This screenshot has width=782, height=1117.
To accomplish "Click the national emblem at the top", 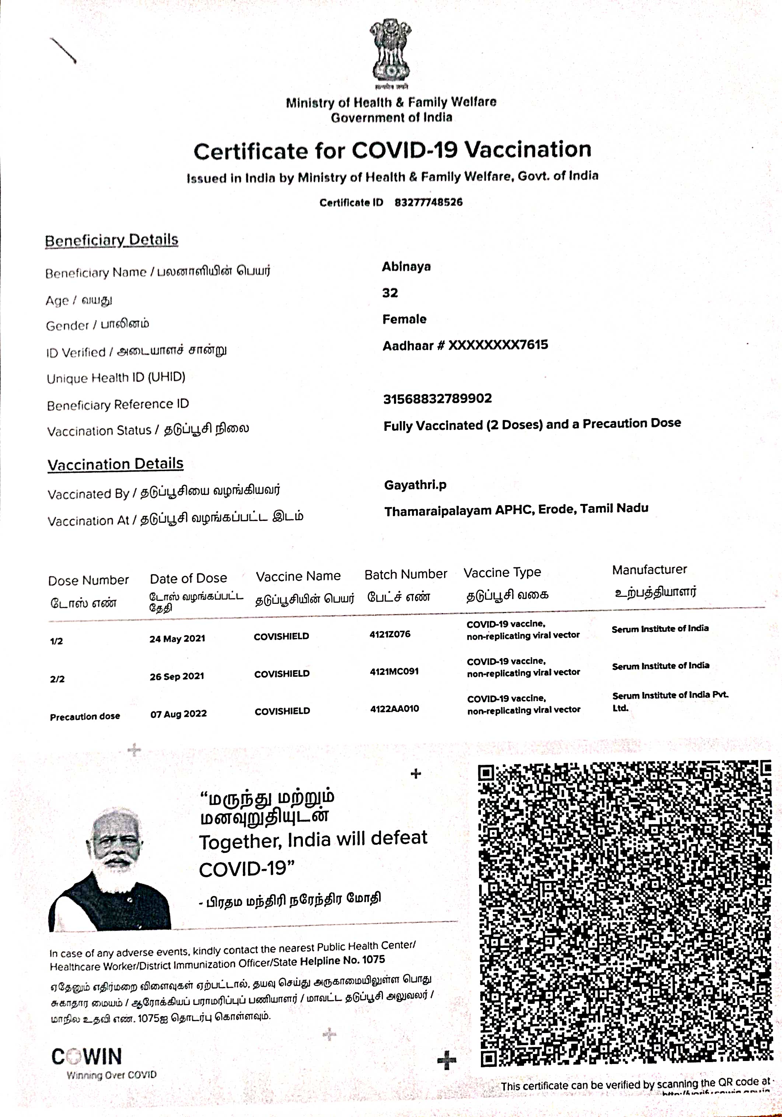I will tap(390, 53).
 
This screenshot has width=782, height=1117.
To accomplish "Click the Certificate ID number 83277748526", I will tap(428, 202).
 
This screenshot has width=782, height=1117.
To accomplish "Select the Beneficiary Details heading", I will tap(111, 240).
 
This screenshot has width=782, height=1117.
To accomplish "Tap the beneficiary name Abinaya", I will tap(406, 267).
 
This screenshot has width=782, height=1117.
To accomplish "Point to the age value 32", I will tap(390, 293).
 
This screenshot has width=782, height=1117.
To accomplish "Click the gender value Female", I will tap(404, 319).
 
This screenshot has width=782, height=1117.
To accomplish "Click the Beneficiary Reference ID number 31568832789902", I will tap(437, 399).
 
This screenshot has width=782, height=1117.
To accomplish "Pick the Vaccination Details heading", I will tap(115, 464).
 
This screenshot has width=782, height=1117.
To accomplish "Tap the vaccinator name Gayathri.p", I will tap(415, 485).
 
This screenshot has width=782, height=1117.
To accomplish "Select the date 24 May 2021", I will tap(177, 639).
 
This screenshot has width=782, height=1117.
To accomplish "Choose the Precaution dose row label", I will tap(85, 717).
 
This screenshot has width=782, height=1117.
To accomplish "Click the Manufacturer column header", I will tap(649, 570).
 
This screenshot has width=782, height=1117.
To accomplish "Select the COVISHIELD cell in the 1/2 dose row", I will tap(281, 636).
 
